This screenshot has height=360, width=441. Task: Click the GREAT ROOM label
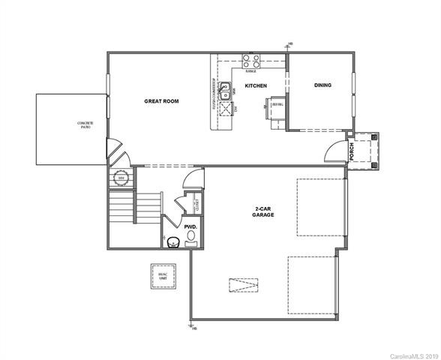[160, 100]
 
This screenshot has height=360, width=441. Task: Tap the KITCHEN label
[256, 86]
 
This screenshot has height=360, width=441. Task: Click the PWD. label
[190, 224]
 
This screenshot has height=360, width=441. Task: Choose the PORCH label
[352, 152]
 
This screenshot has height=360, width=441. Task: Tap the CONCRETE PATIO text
[84, 125]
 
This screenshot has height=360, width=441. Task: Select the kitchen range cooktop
[250, 61]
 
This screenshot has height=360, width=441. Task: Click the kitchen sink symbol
[226, 94]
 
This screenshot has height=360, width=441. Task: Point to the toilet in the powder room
[172, 240]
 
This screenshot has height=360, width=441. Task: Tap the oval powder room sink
[190, 238]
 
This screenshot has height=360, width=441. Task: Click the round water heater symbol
[121, 178]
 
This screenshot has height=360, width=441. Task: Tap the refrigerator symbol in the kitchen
[276, 104]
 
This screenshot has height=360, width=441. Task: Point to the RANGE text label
[250, 71]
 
